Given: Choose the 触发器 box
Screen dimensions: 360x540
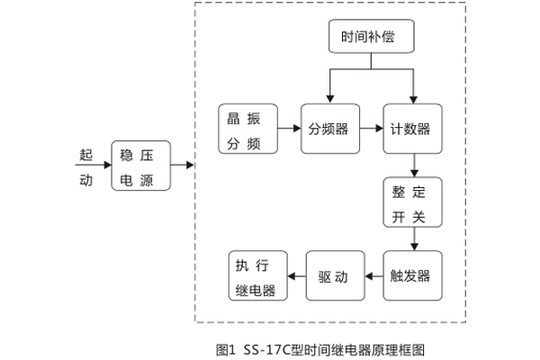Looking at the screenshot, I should pos(412,274).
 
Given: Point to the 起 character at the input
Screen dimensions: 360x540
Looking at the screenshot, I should pos(85,152).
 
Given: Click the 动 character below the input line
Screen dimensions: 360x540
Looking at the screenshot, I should pos(85,179).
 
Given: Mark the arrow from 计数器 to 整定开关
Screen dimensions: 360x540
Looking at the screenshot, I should pos(413,165).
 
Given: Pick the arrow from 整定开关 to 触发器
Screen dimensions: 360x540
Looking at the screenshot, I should pos(413,238).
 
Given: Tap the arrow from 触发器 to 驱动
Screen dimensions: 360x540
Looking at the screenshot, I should pos(373,274).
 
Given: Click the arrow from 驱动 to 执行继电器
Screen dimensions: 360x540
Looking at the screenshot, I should pos(296,274).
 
